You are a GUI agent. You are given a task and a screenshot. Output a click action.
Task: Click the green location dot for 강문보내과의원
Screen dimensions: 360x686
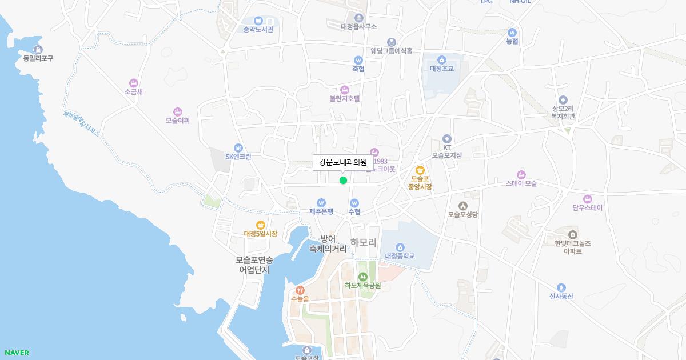tap(343, 181)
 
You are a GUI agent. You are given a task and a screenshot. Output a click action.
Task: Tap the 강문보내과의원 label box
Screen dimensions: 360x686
tap(342, 162)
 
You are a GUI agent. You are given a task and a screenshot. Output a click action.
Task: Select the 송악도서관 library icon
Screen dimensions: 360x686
tap(258, 21)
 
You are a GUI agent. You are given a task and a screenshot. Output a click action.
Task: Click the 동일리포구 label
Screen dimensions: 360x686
tap(38, 58)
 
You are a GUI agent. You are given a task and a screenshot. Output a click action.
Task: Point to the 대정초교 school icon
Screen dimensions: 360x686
tap(441, 60)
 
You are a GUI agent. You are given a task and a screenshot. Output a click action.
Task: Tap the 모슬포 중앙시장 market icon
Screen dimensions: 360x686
tap(420, 170)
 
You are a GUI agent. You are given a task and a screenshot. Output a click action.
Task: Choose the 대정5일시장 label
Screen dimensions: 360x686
tap(261, 234)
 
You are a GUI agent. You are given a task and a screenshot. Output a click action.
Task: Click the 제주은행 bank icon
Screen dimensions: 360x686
tap(321, 203)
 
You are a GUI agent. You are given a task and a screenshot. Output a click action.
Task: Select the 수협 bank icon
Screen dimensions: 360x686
tap(354, 203)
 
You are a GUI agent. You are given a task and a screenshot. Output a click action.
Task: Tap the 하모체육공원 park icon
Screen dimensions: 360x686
tap(362, 277)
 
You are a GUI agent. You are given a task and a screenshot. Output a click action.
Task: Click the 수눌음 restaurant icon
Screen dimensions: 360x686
tap(300, 290)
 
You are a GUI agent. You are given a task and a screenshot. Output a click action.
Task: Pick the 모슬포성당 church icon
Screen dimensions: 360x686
tap(462, 206)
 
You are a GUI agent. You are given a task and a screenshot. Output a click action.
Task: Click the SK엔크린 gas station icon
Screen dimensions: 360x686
tap(238, 148)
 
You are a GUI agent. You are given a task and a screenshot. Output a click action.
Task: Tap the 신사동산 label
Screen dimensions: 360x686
tap(561, 296)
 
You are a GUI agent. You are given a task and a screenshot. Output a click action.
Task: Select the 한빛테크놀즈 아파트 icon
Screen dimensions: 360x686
tap(572, 234)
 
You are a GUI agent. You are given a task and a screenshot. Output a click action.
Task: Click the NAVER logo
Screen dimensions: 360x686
tap(17, 353)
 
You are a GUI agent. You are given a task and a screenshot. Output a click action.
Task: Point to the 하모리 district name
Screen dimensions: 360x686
tap(364, 242)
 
